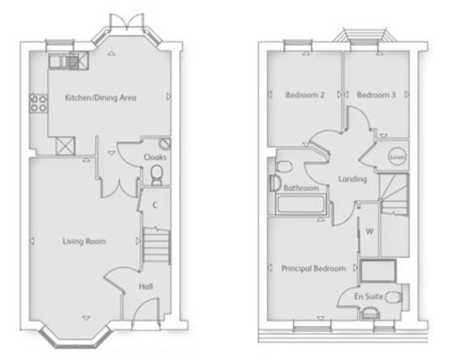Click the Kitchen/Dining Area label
pos(100,98)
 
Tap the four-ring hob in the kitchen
pos(38,103)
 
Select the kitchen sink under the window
pos(64,59)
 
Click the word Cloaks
pos(154,157)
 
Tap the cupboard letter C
pos(154,205)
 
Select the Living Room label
pos(85,241)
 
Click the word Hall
pos(145,285)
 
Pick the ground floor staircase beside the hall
pos(156,243)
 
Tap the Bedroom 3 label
pos(376,95)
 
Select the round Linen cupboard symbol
pos(397,157)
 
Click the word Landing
pos(353,178)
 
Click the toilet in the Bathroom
pos(281,166)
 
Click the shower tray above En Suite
pos(377,272)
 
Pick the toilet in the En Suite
pos(393,297)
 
